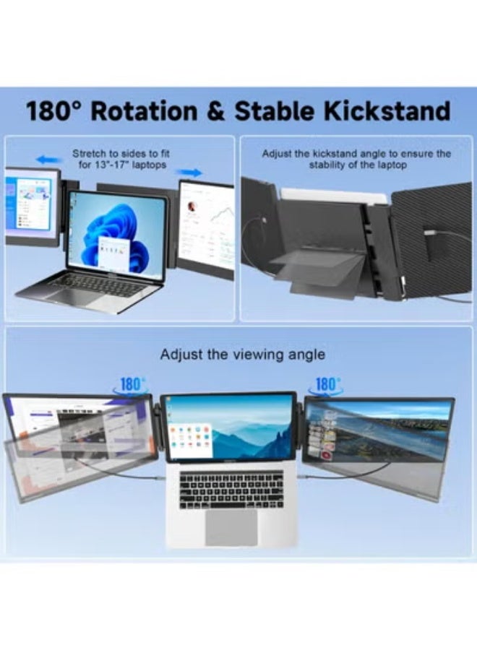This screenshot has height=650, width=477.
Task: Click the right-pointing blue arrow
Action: coord(189,173)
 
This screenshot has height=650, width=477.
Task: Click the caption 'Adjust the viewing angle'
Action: coord(243,355)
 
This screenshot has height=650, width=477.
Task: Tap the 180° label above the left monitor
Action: coord(132,385)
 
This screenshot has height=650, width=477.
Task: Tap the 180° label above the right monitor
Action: coord(327,385)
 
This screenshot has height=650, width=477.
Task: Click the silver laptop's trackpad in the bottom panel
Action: coord(231,527)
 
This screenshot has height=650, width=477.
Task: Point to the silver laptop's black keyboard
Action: coord(231,490)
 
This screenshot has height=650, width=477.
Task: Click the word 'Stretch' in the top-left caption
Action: coord(88,154)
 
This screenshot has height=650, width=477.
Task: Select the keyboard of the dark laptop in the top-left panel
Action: coord(98,285)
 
